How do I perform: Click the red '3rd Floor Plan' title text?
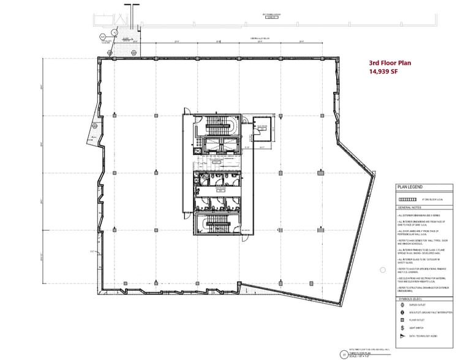pyautogui.click(x=390, y=63)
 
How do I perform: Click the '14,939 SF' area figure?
pyautogui.click(x=382, y=72)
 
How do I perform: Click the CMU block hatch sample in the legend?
pyautogui.click(x=407, y=200)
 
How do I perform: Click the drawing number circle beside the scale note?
pyautogui.click(x=335, y=354)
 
